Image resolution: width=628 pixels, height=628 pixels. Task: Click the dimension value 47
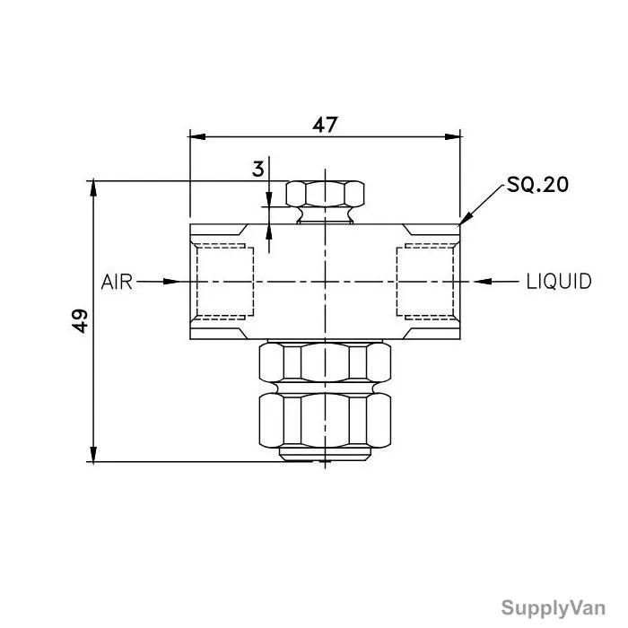(x=325, y=125)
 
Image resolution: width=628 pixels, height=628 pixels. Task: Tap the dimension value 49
(x=80, y=320)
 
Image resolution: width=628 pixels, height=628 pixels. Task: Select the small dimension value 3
(x=258, y=169)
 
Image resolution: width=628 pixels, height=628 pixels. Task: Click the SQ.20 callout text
(x=537, y=185)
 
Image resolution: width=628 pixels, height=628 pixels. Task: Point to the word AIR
(x=117, y=282)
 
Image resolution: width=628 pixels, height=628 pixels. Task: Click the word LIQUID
(x=559, y=282)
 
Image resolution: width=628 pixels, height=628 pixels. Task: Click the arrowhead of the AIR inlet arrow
(x=171, y=282)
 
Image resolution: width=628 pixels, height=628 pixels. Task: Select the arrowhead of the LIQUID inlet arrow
(x=483, y=282)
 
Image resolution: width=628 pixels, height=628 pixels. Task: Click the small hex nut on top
(x=325, y=194)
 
